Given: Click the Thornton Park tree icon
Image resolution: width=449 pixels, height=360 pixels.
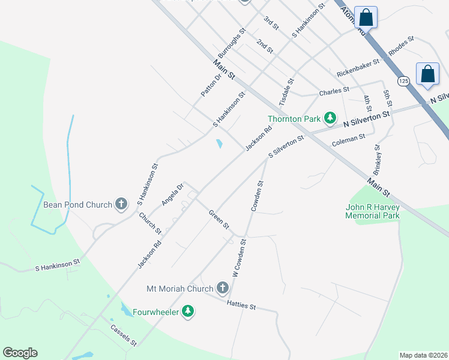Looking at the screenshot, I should [x=330, y=118].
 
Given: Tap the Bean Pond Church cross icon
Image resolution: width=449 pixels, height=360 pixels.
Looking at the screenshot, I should [x=121, y=204].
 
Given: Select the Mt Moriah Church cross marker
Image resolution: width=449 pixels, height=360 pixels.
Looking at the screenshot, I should [x=222, y=289].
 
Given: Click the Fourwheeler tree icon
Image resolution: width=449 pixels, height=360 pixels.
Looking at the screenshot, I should [x=188, y=311].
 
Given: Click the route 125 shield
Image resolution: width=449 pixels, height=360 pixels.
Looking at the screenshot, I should [x=403, y=80].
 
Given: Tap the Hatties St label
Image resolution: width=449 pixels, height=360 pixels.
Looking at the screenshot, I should [x=241, y=305].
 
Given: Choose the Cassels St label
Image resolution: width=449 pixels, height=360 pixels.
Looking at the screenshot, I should [x=124, y=335].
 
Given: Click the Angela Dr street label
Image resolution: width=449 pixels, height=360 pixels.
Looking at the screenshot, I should [x=171, y=195].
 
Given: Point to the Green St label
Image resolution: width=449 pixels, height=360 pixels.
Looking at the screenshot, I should [x=219, y=219].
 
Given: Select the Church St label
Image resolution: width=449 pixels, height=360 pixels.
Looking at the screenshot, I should [x=150, y=223].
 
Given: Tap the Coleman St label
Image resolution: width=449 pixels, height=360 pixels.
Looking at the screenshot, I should [x=348, y=141].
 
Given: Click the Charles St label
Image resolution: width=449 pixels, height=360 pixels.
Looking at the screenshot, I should [x=334, y=91].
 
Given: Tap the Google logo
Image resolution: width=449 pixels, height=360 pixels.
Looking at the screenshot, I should [x=20, y=353].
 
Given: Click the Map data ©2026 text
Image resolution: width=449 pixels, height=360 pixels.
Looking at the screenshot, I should [x=423, y=355].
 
